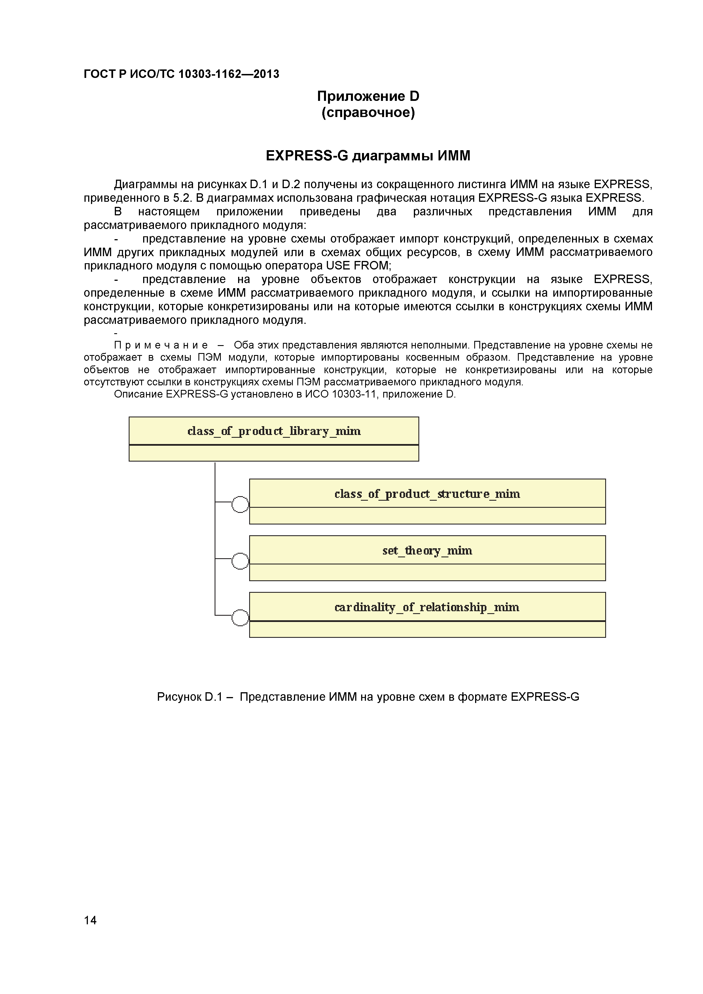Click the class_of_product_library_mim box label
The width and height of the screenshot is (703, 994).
(x=274, y=431)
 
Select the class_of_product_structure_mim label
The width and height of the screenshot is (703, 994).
(x=427, y=494)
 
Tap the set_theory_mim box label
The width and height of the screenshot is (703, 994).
(x=427, y=551)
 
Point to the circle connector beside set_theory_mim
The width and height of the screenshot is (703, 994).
(x=240, y=561)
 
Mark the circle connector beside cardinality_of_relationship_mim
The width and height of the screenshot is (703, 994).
(x=240, y=618)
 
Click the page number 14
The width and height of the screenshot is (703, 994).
(x=90, y=932)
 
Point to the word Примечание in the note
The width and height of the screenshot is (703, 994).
(x=161, y=345)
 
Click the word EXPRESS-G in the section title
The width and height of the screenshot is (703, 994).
(x=307, y=156)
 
